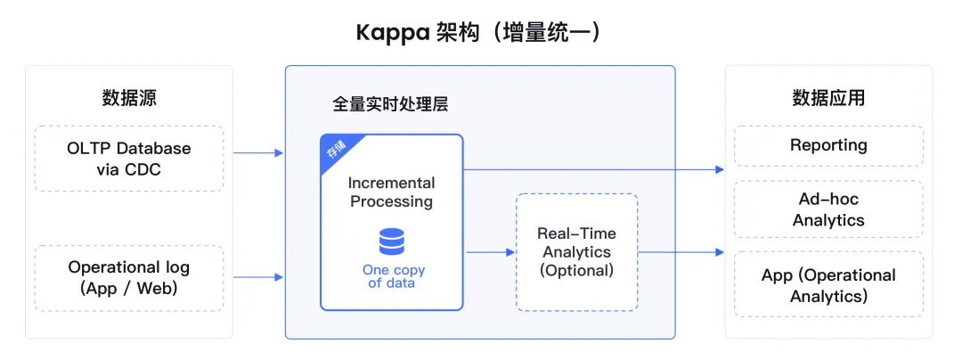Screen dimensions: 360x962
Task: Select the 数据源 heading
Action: click(129, 98)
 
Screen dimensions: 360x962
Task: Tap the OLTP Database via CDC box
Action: click(129, 158)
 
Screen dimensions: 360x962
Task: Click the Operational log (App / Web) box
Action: click(129, 278)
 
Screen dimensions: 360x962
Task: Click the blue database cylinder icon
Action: click(392, 241)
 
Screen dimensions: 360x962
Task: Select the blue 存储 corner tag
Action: click(335, 149)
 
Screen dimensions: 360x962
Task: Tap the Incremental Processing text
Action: click(392, 192)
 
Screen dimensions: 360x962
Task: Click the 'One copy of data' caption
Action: click(392, 276)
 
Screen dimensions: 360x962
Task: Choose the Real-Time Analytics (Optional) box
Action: click(576, 252)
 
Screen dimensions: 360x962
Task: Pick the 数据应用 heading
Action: click(828, 98)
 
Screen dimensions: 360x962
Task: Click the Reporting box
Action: click(828, 145)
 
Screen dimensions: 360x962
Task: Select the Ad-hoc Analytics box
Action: click(828, 209)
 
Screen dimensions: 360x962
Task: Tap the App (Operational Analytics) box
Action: click(828, 285)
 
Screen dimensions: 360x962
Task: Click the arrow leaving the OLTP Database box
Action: click(258, 153)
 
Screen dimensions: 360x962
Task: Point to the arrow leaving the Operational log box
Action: click(258, 278)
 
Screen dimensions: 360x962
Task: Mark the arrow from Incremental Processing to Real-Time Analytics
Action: click(490, 252)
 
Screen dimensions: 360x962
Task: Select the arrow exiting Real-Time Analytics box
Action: click(681, 252)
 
